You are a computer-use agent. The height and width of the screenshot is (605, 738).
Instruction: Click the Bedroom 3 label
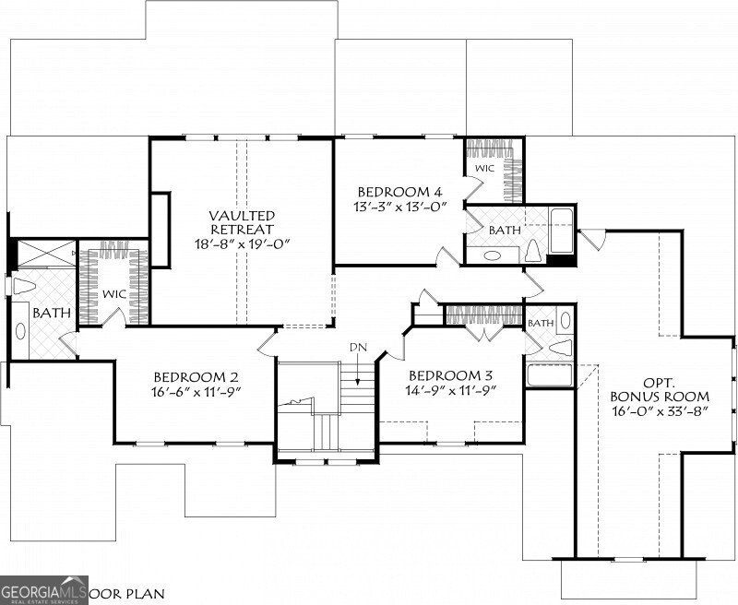click(x=451, y=376)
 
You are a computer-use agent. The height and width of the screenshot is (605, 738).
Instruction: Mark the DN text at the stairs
click(x=358, y=347)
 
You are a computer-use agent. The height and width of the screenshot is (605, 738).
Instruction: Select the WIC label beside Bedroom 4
click(x=483, y=170)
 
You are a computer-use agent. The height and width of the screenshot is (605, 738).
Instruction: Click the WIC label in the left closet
click(x=114, y=293)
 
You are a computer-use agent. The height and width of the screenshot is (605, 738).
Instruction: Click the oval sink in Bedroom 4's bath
click(x=492, y=255)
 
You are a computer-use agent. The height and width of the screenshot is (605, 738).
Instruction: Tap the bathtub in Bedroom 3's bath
click(x=549, y=375)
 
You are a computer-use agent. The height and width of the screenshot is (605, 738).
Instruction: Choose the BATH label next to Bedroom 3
click(x=541, y=323)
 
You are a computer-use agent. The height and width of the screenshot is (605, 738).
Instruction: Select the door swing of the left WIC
click(x=116, y=316)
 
